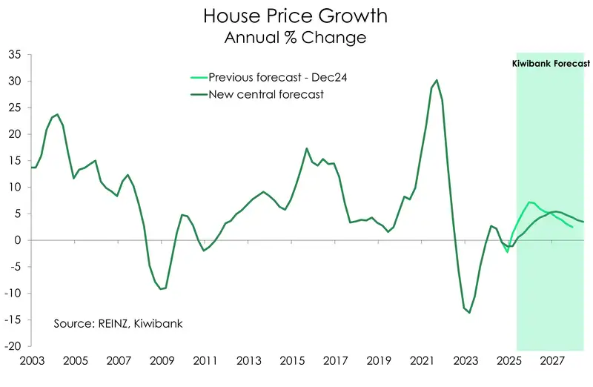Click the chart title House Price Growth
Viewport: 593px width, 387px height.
pyautogui.click(x=295, y=16)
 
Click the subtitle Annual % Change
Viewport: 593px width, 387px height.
pyautogui.click(x=295, y=37)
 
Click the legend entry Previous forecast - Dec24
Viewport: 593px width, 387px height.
pyautogui.click(x=265, y=77)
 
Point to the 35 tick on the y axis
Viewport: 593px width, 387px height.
pyautogui.click(x=15, y=55)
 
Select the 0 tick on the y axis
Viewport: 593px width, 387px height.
pyautogui.click(x=18, y=240)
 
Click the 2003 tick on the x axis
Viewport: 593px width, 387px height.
pyautogui.click(x=31, y=360)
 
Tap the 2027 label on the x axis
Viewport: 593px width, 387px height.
pyautogui.click(x=552, y=360)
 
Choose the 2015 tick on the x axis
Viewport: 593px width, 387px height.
pyautogui.click(x=292, y=360)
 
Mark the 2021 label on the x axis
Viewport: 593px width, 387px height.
pyautogui.click(x=423, y=360)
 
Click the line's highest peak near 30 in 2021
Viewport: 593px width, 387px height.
pyautogui.click(x=437, y=80)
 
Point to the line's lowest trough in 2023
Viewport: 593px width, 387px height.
pyautogui.click(x=469, y=312)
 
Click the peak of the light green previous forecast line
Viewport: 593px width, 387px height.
pyautogui.click(x=529, y=202)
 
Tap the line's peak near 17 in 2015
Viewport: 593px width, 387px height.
pyautogui.click(x=307, y=148)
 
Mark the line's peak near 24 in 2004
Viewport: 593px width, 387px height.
pyautogui.click(x=57, y=115)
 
